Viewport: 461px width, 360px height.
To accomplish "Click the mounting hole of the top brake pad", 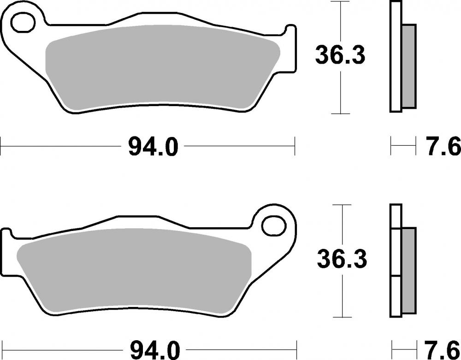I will pos(24,23).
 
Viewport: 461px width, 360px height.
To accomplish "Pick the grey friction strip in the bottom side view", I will pos(408,270).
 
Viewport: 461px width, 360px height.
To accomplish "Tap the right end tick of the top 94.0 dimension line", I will pos(294,148).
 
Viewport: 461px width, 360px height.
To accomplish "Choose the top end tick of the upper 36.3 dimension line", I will pos(340,2).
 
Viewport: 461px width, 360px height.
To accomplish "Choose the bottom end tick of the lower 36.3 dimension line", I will pos(342,317).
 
